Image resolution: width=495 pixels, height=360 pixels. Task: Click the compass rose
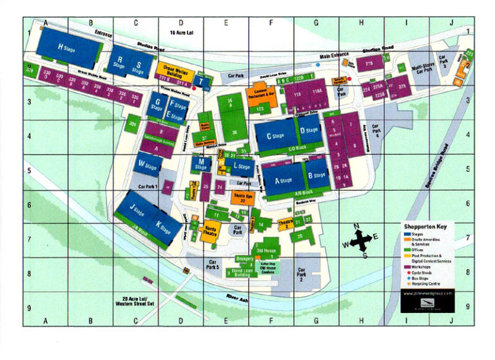[361, 241]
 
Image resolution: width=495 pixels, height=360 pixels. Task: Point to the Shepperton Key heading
[425, 226]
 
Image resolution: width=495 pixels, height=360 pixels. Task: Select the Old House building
[267, 249]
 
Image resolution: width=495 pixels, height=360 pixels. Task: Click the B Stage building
[316, 175]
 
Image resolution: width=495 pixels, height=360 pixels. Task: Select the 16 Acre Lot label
[182, 32]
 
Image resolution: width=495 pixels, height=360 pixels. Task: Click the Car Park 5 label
[212, 263]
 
